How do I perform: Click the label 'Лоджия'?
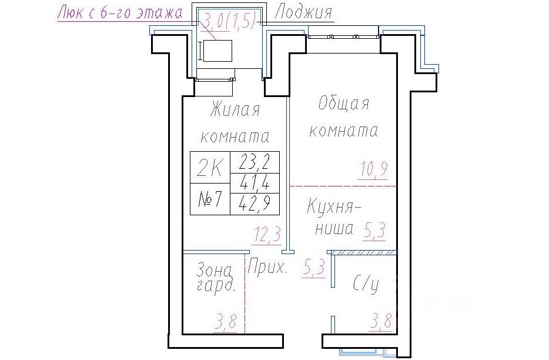point(303,13)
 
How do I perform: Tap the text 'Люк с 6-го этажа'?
point(120,12)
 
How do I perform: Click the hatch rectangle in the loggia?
point(217,51)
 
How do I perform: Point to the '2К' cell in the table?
point(210,167)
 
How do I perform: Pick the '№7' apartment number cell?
point(210,199)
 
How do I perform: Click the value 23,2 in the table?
point(255,162)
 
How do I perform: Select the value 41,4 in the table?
point(255,182)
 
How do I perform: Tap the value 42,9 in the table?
point(255,204)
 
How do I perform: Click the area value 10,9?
point(373,171)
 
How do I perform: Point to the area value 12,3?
point(266,235)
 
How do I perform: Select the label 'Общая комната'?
point(344,117)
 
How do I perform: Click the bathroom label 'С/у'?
point(366,285)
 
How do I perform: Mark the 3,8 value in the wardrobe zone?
point(226,322)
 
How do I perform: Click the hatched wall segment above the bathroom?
point(364,252)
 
